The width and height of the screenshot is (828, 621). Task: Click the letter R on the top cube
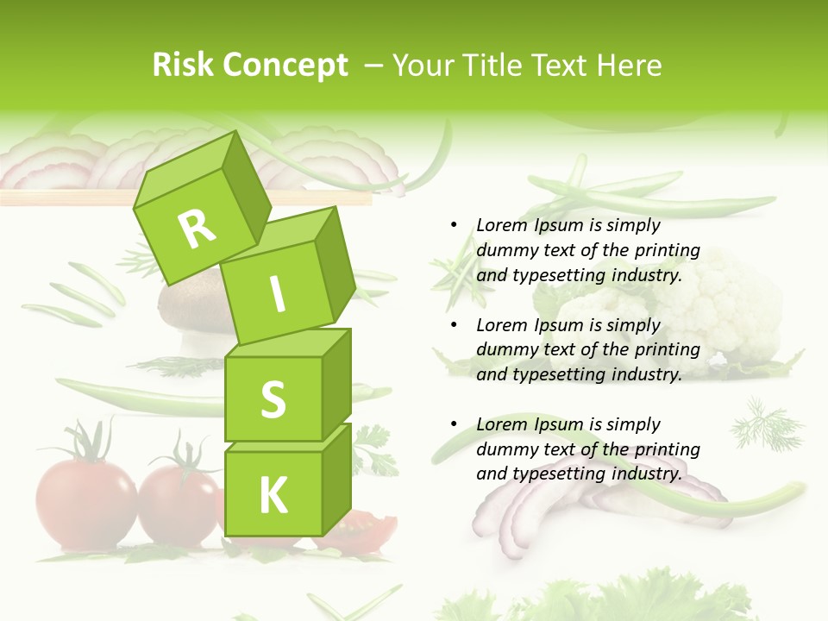tap(197, 228)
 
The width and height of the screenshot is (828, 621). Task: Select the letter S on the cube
tap(273, 399)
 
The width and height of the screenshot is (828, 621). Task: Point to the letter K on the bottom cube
tap(273, 496)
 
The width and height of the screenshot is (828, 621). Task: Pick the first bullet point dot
tap(454, 225)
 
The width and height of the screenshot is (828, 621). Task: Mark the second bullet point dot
tap(454, 325)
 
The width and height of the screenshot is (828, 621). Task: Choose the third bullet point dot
tap(454, 424)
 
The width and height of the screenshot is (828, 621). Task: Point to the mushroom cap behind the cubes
tap(190, 303)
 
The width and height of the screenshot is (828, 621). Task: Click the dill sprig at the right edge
tap(758, 422)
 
